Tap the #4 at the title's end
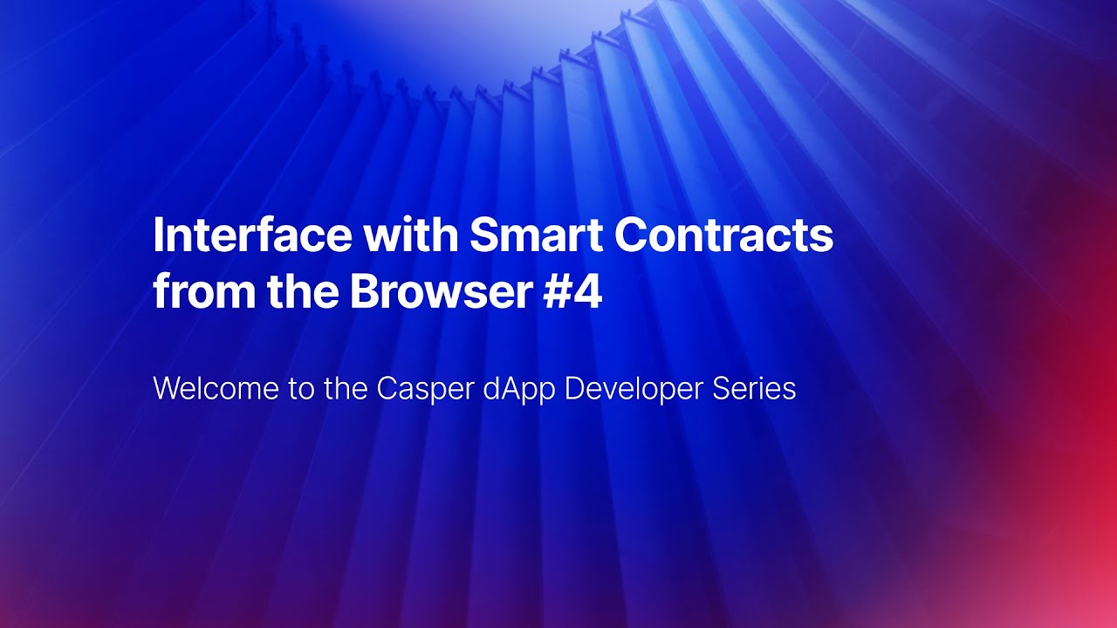coord(572,293)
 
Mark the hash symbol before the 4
coord(557,293)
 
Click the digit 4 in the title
coord(588,293)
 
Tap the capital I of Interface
coord(159,235)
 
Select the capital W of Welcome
coord(166,389)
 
